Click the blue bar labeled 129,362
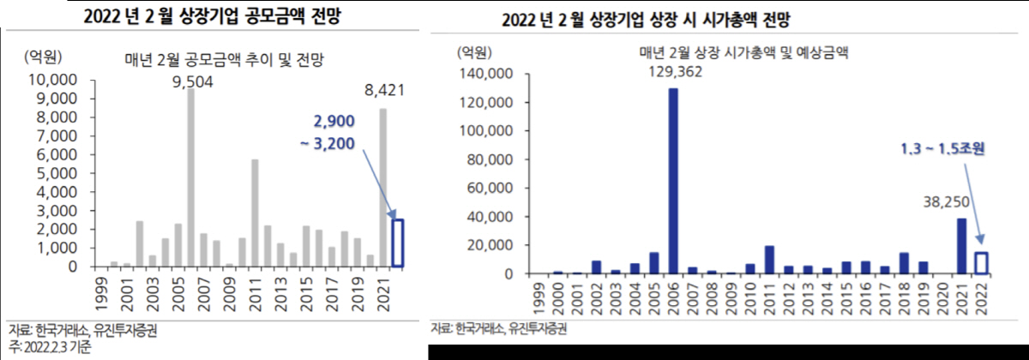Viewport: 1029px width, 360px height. (673, 181)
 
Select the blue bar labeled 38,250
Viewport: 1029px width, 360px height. (961, 246)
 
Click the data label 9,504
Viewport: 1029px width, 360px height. (191, 82)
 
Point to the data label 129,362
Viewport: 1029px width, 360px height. (673, 72)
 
